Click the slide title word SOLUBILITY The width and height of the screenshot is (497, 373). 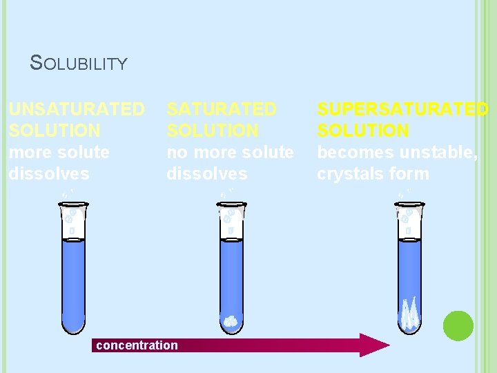tap(79, 64)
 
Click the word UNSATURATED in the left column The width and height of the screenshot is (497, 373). tap(77, 109)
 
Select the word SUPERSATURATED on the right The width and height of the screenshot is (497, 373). tap(402, 109)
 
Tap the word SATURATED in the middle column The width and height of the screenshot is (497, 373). tap(222, 109)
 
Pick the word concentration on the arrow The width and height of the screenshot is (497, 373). tap(137, 345)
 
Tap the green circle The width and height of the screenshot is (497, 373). tap(458, 325)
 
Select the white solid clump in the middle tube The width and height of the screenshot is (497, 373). tap(231, 321)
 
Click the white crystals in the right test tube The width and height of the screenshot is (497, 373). tap(410, 314)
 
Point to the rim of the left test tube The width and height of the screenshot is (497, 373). tap(74, 204)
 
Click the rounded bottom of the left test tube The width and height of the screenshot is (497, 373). tap(74, 325)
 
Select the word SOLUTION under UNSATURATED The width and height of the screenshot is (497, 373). tap(55, 130)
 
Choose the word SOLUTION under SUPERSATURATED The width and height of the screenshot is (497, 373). tap(363, 130)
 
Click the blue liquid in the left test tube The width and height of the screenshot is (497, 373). tap(74, 276)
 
